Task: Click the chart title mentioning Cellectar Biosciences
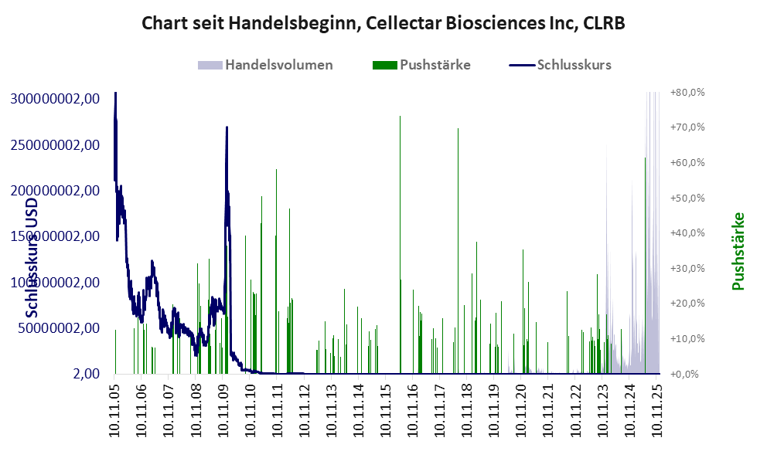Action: tap(383, 24)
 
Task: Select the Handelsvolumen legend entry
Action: tap(279, 65)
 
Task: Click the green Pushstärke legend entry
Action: tap(435, 65)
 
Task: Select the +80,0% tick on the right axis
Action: tap(687, 93)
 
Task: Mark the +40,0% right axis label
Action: tap(687, 233)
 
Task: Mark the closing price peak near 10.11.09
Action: tap(227, 127)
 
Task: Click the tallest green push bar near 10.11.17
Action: tap(458, 129)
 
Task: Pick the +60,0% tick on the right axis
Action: tap(687, 163)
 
